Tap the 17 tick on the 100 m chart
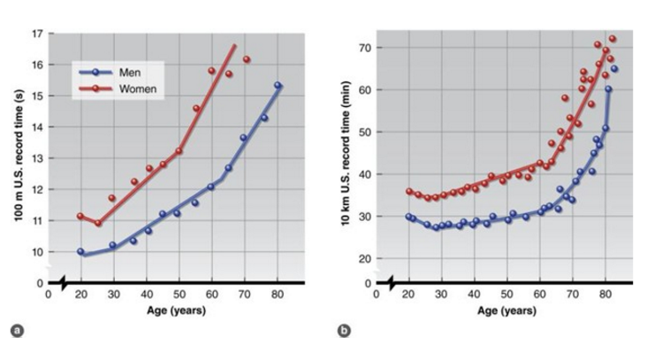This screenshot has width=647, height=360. [x=38, y=34]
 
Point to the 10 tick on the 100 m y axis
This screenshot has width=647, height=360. [x=38, y=252]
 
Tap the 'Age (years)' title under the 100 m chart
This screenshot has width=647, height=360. [x=176, y=310]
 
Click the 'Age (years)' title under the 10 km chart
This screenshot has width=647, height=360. [x=504, y=310]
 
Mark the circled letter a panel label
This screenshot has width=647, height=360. [x=15, y=331]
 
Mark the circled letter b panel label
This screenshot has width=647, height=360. [x=343, y=331]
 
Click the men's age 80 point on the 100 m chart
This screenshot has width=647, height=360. [x=278, y=86]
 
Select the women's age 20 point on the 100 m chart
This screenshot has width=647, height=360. [x=80, y=216]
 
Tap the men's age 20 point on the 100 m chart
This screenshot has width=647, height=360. [x=80, y=251]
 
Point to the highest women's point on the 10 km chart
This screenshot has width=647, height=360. [x=612, y=39]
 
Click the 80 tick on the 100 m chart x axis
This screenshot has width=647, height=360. [x=277, y=295]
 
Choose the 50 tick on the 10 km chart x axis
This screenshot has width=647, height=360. [x=506, y=295]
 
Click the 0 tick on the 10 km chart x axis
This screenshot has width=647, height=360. [x=376, y=295]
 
